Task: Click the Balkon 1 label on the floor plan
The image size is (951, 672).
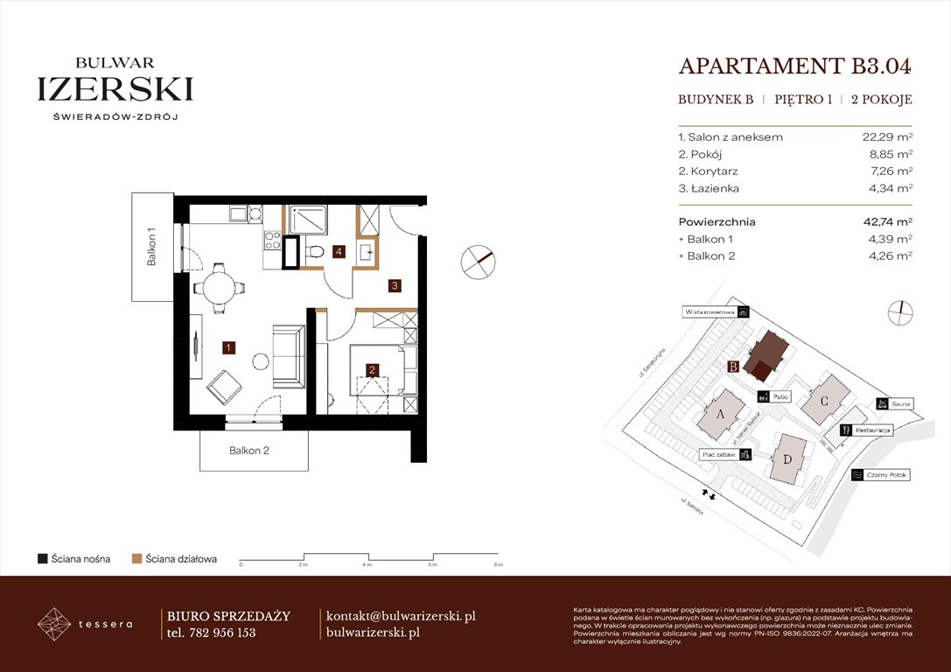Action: click(151, 248)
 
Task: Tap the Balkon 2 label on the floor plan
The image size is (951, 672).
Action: click(249, 451)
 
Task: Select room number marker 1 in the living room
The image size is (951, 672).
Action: click(228, 347)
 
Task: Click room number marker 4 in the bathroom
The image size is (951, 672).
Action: click(339, 252)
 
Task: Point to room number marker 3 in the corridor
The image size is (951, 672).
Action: click(395, 285)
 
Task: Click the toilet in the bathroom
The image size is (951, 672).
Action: click(317, 253)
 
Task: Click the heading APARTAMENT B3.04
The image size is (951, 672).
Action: click(795, 66)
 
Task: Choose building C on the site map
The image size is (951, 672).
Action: click(824, 401)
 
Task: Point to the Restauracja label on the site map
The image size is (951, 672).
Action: click(872, 430)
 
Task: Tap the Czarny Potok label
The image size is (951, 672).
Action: click(886, 475)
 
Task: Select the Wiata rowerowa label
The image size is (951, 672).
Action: click(709, 311)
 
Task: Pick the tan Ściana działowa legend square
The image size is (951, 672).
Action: click(136, 558)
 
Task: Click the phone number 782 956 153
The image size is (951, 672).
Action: click(223, 633)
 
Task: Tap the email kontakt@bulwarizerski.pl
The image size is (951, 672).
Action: click(400, 616)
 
